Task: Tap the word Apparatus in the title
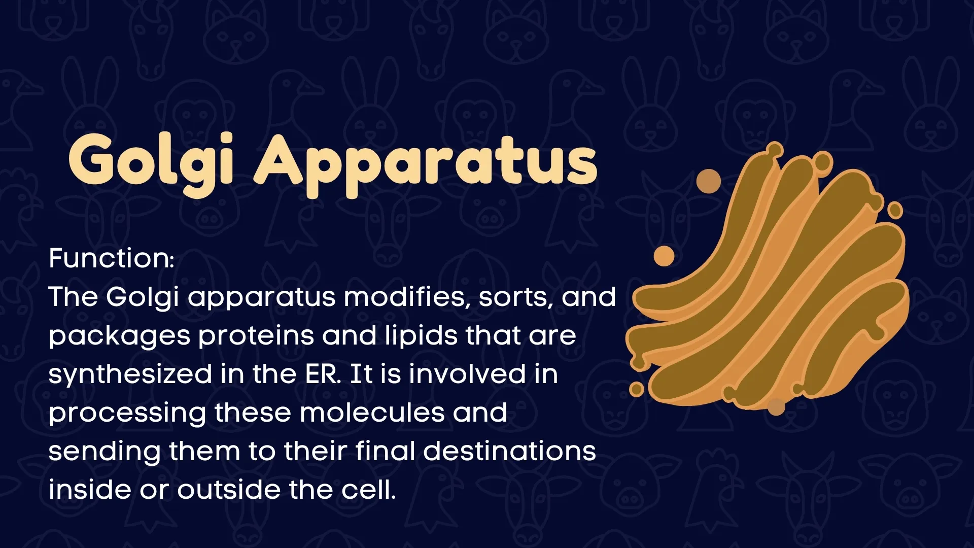425,162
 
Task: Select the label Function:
112,258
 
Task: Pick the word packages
119,336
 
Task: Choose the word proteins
256,336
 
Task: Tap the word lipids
421,336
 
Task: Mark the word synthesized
130,375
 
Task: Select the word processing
127,414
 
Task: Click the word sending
105,452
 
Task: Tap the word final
385,451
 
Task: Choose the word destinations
509,451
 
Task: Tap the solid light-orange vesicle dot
664,256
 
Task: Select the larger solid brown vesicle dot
709,181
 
